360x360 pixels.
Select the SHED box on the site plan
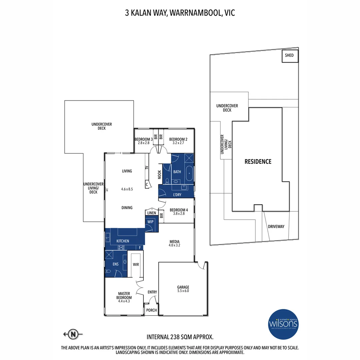point(289,56)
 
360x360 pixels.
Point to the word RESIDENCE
point(258,162)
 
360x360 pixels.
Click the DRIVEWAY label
point(276,227)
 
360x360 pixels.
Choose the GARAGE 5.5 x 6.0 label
point(183,289)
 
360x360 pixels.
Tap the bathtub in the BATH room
point(189,173)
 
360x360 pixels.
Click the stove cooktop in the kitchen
point(121,247)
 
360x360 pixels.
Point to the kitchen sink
point(108,238)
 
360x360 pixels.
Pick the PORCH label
point(152,310)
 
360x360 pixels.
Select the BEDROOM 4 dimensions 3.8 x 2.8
point(179,214)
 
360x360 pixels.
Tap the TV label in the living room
point(146,168)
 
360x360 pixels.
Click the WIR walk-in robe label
point(136,264)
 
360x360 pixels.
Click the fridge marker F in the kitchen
point(140,248)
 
